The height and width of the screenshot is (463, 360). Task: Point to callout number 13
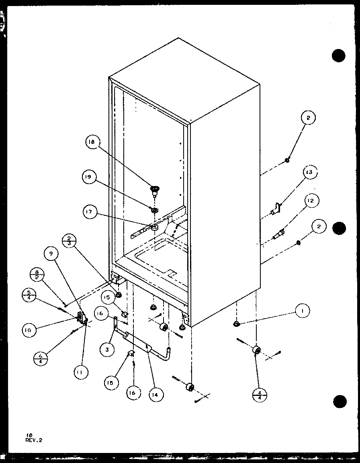[309, 173]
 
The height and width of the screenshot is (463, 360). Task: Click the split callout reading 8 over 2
[37, 277]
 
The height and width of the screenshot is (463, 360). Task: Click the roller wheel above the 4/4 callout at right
[256, 351]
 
